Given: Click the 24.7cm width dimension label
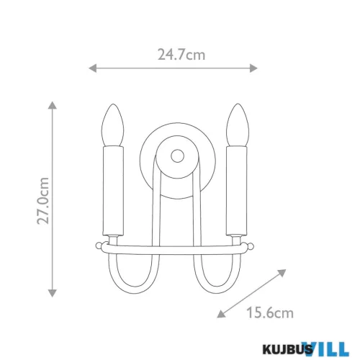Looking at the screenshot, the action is click(x=181, y=55).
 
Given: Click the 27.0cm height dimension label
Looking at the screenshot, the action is click(x=43, y=201).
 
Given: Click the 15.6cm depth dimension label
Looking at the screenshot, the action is click(x=270, y=312).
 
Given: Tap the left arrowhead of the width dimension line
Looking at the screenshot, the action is click(x=93, y=68).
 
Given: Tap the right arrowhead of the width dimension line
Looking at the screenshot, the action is click(x=253, y=68).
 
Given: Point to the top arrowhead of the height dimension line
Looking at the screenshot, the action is click(x=53, y=105).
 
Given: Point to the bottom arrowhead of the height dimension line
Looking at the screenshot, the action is click(x=53, y=293).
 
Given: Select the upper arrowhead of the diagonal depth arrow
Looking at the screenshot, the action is click(x=282, y=273).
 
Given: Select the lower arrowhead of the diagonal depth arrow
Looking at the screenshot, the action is click(x=221, y=315).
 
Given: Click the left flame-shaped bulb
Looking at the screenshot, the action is click(x=113, y=125).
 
